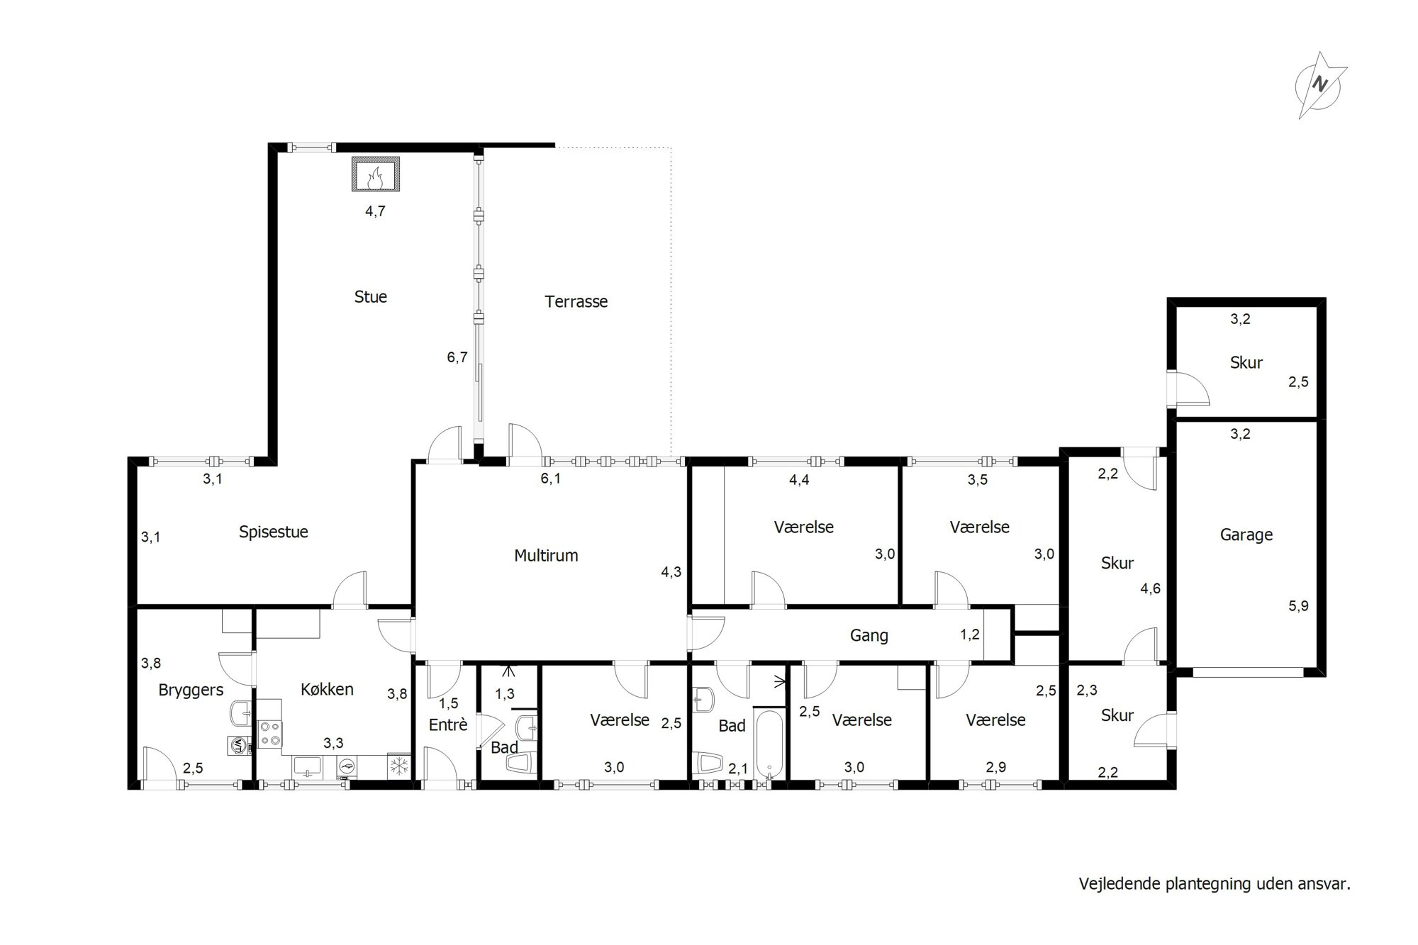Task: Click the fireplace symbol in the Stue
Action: [x=376, y=174]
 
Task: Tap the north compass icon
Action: [x=1319, y=86]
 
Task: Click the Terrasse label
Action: [x=576, y=302]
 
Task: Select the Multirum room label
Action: [x=546, y=556]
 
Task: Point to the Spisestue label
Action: [x=274, y=532]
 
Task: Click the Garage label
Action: [x=1246, y=535]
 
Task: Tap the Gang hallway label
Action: [x=869, y=636]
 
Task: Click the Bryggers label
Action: [x=191, y=690]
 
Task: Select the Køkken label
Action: [x=327, y=689]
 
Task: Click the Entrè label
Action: [x=448, y=725]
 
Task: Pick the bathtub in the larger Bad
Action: [x=768, y=744]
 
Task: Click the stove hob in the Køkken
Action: [x=269, y=734]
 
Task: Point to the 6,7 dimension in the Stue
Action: [x=457, y=357]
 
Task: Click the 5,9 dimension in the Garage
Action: [x=1299, y=606]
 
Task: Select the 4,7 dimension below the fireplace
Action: [x=375, y=211]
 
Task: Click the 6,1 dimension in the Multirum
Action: [x=551, y=479]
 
